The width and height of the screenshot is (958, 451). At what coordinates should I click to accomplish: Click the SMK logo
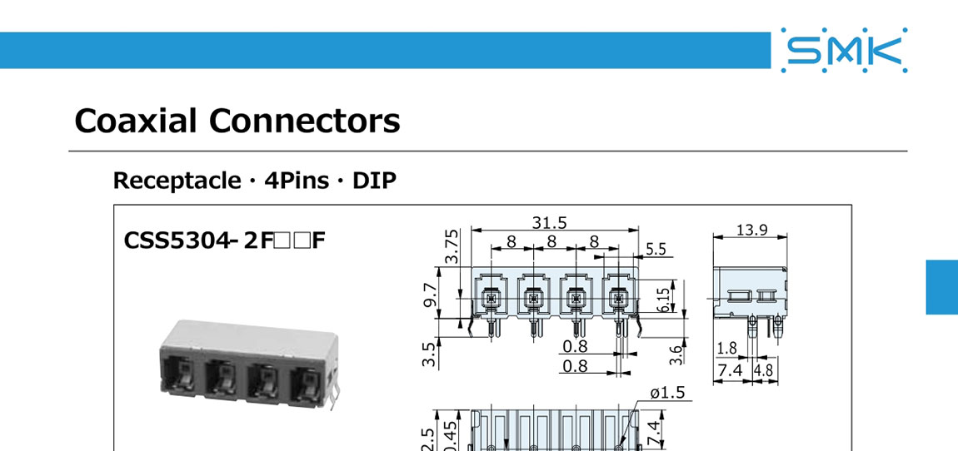coord(845,51)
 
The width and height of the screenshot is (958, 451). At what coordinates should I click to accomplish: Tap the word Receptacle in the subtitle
coord(177,181)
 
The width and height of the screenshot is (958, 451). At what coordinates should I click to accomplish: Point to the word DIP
coord(374,181)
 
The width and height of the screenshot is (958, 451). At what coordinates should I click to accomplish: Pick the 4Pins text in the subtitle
coord(297,181)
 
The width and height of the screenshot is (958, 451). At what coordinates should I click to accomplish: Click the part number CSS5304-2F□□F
coord(224,241)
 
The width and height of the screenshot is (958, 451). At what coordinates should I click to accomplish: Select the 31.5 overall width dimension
coord(549,222)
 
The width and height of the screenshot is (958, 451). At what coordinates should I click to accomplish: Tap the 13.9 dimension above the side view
coord(751,230)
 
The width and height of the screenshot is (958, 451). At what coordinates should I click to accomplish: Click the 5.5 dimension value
coord(656,248)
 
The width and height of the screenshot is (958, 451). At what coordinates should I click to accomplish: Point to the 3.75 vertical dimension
coord(450,246)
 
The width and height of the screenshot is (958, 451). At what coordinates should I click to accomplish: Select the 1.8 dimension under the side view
coord(726,348)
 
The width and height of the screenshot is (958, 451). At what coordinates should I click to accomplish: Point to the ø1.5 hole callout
coord(666,392)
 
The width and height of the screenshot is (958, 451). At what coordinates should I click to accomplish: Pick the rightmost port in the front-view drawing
coord(618,298)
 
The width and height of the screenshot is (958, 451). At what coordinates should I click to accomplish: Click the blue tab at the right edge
coord(942,287)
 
